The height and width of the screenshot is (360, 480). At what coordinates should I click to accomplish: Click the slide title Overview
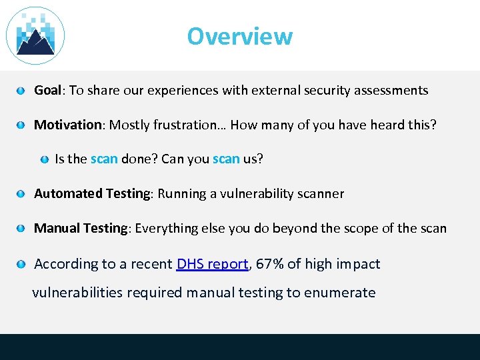click(239, 36)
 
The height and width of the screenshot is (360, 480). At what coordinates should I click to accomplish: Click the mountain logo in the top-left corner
click(35, 36)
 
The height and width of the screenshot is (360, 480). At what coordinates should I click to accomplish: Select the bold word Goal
click(47, 90)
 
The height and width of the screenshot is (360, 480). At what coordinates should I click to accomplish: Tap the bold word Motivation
click(67, 125)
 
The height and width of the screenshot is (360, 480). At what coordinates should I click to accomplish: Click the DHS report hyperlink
click(212, 264)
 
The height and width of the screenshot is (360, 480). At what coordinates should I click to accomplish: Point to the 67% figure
click(269, 264)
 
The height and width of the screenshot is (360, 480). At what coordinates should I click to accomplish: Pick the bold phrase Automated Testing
click(93, 194)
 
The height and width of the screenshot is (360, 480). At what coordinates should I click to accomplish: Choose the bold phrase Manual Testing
click(81, 229)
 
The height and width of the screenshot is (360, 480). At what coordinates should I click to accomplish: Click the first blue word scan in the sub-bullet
click(104, 159)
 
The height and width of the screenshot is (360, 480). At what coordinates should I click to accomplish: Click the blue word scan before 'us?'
click(226, 159)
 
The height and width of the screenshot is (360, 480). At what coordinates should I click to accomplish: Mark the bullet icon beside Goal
click(22, 91)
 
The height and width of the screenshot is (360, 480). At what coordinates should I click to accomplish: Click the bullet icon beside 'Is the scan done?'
click(44, 160)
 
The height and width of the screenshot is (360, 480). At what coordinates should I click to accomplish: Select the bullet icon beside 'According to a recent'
click(22, 265)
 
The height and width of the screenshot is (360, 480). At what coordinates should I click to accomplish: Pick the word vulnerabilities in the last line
click(73, 293)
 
